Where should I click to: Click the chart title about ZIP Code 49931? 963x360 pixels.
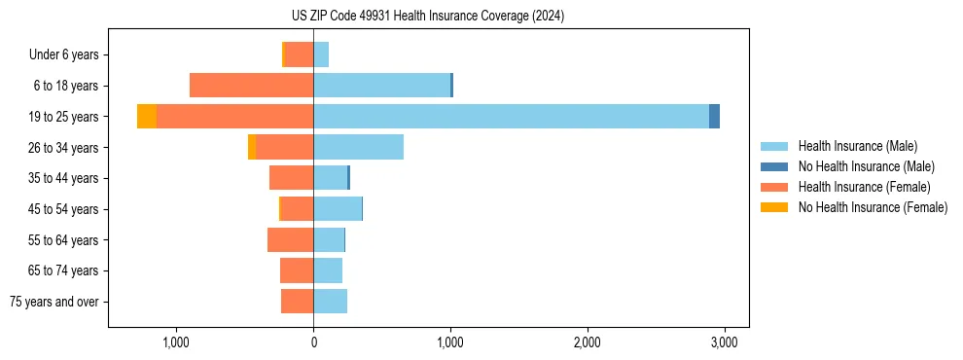pyautogui.click(x=427, y=17)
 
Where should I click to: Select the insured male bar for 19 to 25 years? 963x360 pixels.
pyautogui.click(x=511, y=117)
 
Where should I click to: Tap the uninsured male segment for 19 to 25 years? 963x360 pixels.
pyautogui.click(x=714, y=117)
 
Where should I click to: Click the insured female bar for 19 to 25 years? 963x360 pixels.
pyautogui.click(x=234, y=117)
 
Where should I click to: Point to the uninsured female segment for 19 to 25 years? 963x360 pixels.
pyautogui.click(x=147, y=117)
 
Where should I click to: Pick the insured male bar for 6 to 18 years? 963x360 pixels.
pyautogui.click(x=381, y=86)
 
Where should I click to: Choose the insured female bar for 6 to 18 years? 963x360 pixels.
pyautogui.click(x=251, y=86)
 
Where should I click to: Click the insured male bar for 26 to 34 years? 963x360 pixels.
pyautogui.click(x=358, y=147)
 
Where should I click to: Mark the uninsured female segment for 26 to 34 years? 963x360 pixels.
pyautogui.click(x=252, y=147)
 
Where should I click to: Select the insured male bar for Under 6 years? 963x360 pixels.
pyautogui.click(x=321, y=54)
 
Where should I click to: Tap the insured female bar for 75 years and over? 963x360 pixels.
pyautogui.click(x=297, y=302)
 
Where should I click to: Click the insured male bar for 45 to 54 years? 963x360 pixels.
pyautogui.click(x=337, y=209)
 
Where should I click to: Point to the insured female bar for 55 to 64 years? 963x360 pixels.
pyautogui.click(x=290, y=239)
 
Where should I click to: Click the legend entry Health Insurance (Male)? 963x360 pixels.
pyautogui.click(x=857, y=146)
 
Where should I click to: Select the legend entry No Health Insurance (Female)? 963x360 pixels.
pyautogui.click(x=873, y=207)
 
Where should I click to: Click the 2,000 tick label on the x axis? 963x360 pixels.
pyautogui.click(x=587, y=342)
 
